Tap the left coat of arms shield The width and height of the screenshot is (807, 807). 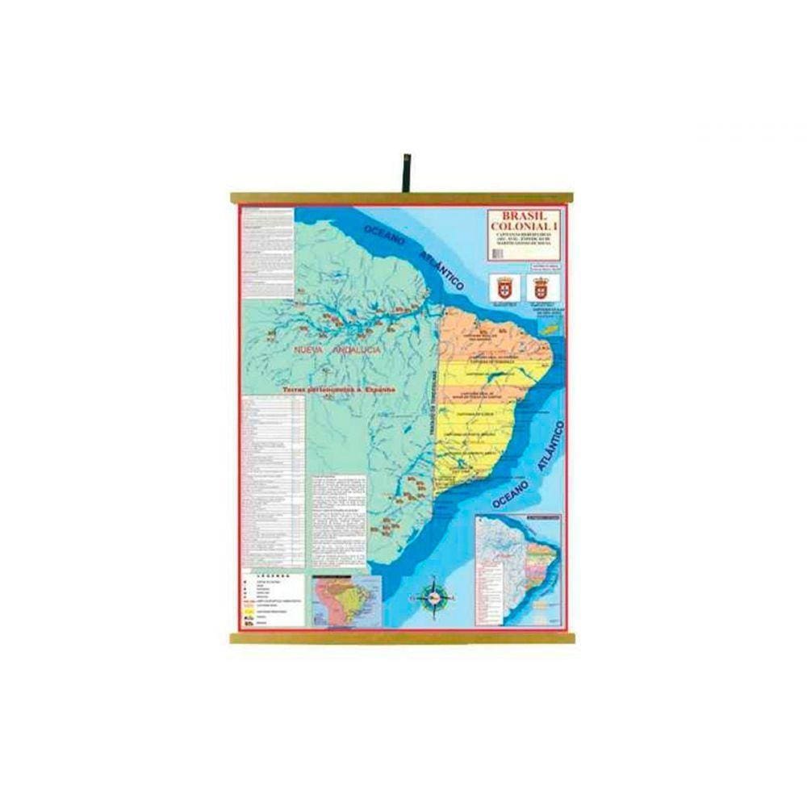click(504, 287)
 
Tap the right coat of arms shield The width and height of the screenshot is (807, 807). click(540, 287)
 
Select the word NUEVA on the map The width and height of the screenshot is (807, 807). click(309, 349)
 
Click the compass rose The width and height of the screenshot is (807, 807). click(435, 595)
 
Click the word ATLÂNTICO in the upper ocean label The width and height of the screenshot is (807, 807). click(441, 269)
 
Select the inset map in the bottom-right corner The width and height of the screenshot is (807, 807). click(519, 569)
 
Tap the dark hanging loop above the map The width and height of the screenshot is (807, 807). click(406, 173)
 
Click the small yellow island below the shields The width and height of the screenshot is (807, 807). click(553, 328)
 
